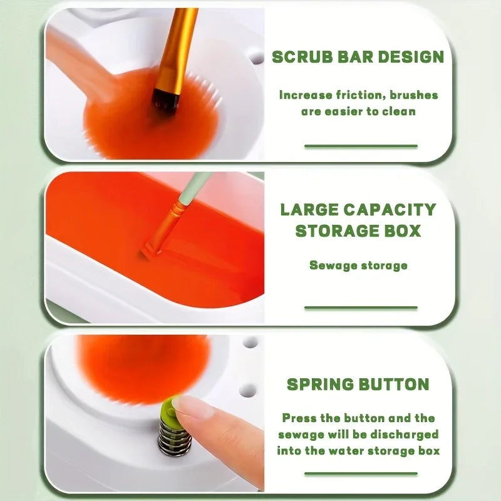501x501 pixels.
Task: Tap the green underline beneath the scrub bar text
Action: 361,146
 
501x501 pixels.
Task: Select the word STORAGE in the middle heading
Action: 339,230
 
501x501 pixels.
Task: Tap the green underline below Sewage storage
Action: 361,307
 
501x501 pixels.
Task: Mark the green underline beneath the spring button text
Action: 361,473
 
